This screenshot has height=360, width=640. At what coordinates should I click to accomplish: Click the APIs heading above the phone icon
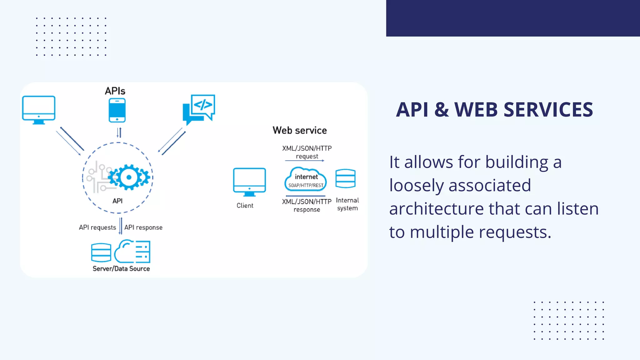(x=115, y=91)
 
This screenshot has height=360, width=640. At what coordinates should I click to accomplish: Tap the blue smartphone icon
(x=117, y=110)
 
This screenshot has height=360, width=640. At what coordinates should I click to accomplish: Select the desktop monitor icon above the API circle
(x=39, y=109)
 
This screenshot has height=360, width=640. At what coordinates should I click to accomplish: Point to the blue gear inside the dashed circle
(x=129, y=177)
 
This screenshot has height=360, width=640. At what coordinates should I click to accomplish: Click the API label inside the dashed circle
(x=117, y=201)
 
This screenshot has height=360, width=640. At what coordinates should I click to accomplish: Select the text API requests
(x=97, y=227)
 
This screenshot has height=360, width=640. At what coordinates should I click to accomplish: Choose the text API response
(x=143, y=227)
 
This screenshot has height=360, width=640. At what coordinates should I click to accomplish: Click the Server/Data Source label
(x=121, y=269)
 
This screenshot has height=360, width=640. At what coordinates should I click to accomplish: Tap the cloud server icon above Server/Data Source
(x=132, y=252)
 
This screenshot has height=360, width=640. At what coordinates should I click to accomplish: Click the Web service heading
(x=300, y=130)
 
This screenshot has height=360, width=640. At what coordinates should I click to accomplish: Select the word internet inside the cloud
(x=306, y=177)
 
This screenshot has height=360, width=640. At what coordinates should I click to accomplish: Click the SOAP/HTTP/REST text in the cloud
(x=306, y=185)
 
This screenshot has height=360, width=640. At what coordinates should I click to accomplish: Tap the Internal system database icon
(x=345, y=178)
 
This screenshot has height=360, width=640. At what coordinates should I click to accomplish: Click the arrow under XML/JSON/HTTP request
(x=305, y=161)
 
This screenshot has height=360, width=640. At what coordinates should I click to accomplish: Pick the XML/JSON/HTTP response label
(x=307, y=205)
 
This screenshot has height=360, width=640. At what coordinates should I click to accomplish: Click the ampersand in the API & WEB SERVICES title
(x=441, y=110)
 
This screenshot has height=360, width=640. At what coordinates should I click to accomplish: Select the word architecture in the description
(x=437, y=209)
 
